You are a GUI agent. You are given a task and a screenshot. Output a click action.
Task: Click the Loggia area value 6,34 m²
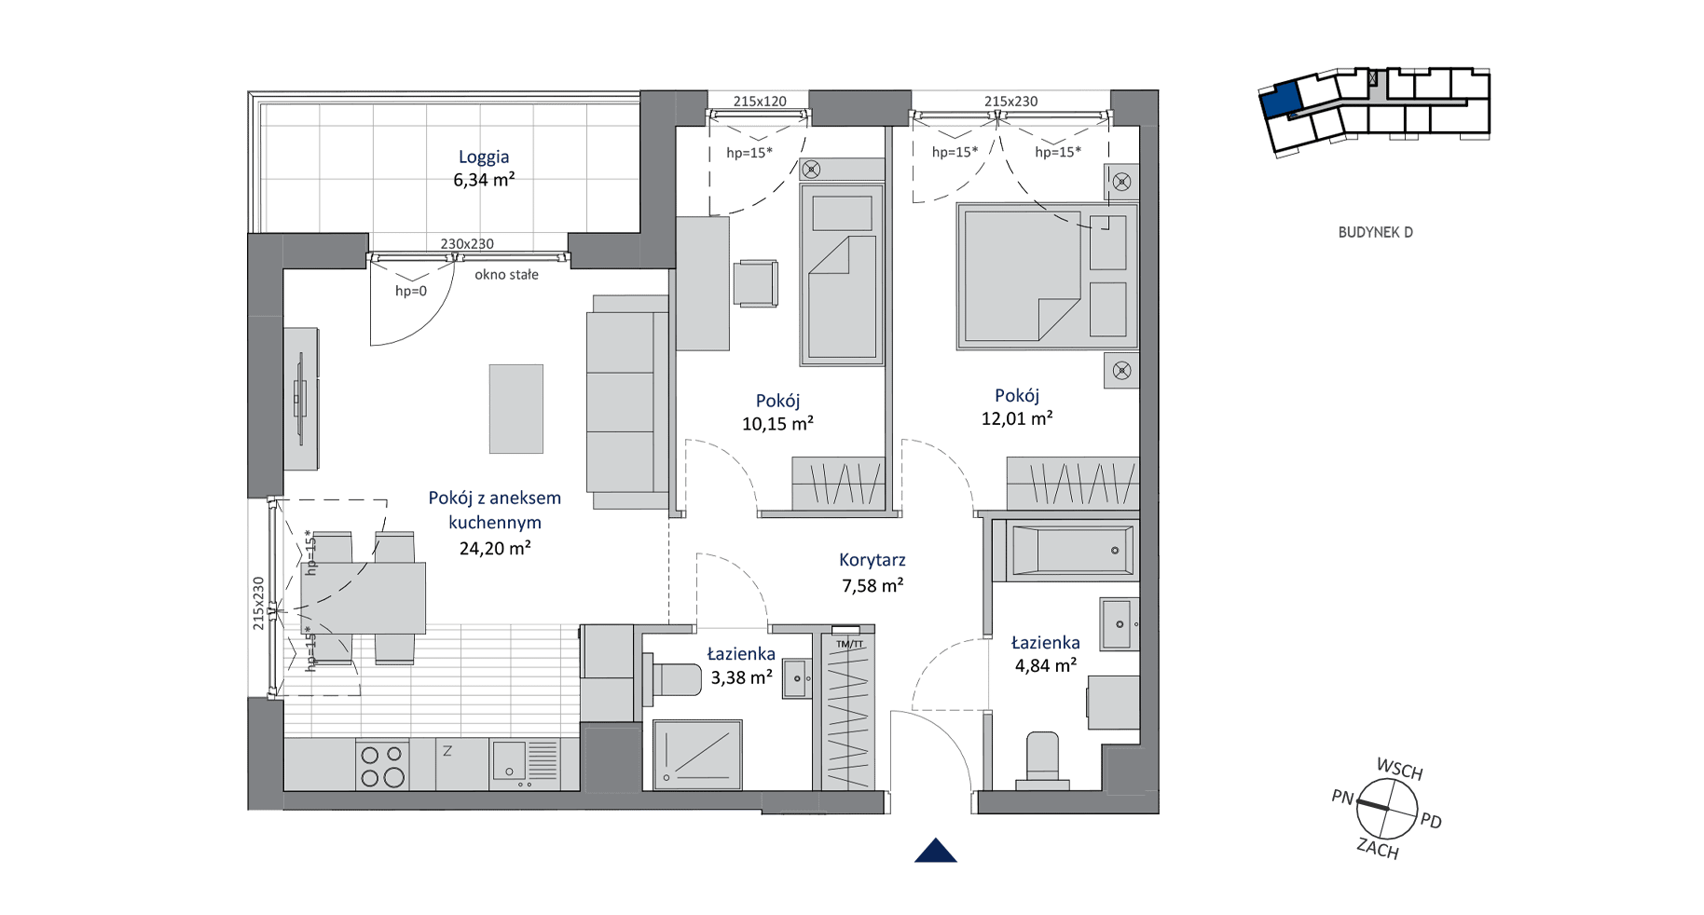pyautogui.click(x=484, y=180)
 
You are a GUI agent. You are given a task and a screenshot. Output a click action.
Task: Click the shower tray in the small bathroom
pyautogui.click(x=697, y=754)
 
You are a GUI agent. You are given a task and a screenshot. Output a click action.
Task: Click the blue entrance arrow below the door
pyautogui.click(x=936, y=851)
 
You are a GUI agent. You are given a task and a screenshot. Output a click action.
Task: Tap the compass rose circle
pyautogui.click(x=1387, y=809)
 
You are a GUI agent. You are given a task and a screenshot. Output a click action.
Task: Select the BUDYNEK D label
pyautogui.click(x=1375, y=232)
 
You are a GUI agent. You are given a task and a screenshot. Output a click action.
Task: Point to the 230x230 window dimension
pyautogui.click(x=467, y=244)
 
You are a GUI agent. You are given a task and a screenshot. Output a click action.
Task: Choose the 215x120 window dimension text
pyautogui.click(x=760, y=102)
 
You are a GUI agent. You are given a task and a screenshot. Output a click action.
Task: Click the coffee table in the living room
pyautogui.click(x=516, y=409)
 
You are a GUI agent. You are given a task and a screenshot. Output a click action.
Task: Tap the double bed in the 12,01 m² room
pyautogui.click(x=1047, y=276)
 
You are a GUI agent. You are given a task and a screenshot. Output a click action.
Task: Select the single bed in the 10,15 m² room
pyautogui.click(x=842, y=274)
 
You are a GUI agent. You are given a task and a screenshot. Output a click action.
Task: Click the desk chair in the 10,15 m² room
pyautogui.click(x=756, y=283)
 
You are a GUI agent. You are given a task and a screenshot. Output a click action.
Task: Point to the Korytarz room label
pyautogui.click(x=873, y=560)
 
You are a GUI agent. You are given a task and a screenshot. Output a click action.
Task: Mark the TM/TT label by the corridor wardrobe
pyautogui.click(x=849, y=644)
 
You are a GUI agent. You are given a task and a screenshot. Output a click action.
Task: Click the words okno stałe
pyautogui.click(x=506, y=275)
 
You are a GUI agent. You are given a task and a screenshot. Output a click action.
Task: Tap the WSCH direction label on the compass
pyautogui.click(x=1399, y=770)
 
